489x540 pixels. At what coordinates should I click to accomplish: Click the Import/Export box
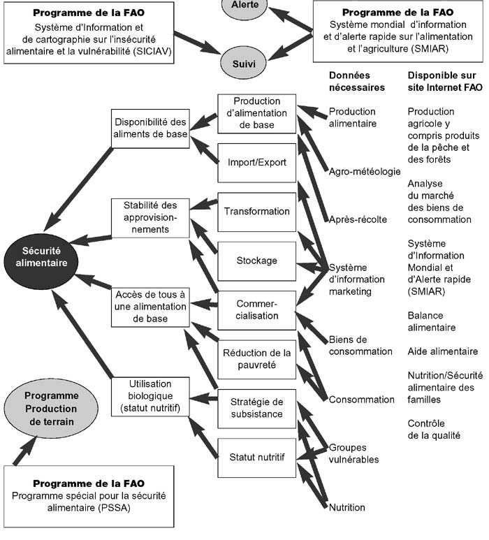coord(256,163)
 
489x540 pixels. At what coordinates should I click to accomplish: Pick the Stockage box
coord(256,261)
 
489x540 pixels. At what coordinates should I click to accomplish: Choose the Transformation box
coord(256,212)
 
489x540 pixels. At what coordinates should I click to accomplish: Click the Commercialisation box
coord(256,310)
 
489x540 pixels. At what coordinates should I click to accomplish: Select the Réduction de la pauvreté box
coord(256,358)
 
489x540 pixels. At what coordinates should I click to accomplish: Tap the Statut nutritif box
coord(256,458)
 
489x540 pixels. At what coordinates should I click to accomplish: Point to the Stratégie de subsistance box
coord(256,408)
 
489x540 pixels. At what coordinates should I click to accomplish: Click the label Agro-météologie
coord(364,171)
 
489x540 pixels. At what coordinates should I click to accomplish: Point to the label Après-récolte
coord(358,219)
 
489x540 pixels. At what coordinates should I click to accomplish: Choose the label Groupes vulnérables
coord(353,453)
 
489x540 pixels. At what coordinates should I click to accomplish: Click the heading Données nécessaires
coord(356,81)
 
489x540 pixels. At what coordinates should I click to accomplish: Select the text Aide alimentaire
coord(443,351)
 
